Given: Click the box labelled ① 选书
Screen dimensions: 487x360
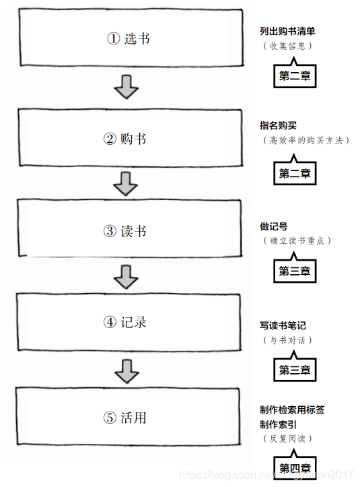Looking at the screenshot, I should (x=128, y=38).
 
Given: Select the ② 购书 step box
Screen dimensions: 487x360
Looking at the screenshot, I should (x=128, y=139).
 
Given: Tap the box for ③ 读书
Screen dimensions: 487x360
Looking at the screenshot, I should (x=128, y=230).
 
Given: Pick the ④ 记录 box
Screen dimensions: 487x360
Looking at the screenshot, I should (x=128, y=322).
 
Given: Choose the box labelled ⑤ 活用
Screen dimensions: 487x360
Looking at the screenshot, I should (x=128, y=418).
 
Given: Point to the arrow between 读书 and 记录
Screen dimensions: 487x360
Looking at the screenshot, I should (x=126, y=275).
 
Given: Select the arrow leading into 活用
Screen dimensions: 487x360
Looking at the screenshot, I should (x=126, y=370).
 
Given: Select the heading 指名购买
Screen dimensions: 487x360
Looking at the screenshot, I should (x=278, y=125).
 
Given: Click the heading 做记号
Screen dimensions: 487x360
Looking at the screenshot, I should (x=274, y=226).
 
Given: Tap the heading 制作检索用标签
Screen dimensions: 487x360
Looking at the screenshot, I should (x=292, y=410).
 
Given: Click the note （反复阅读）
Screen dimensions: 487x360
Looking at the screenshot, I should (x=287, y=439).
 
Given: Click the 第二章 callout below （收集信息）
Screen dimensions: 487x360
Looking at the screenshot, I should (x=295, y=76).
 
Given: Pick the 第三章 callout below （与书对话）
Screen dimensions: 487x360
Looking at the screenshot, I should (x=295, y=370).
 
